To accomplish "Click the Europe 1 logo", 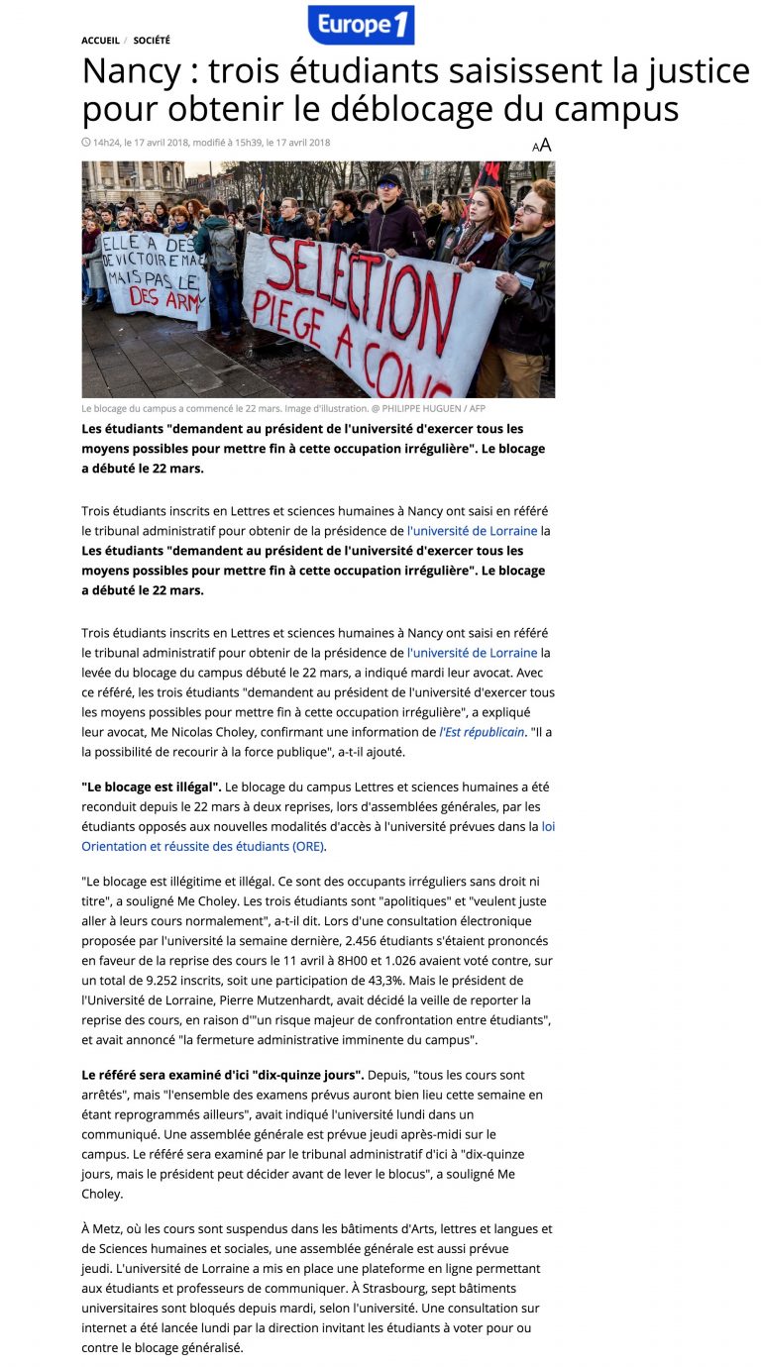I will (361, 25).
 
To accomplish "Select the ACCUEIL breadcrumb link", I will (100, 41).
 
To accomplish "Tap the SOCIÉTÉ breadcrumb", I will (152, 41).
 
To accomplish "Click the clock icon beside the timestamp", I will (86, 143).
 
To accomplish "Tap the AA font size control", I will (541, 146).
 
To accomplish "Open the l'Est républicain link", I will (483, 732).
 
